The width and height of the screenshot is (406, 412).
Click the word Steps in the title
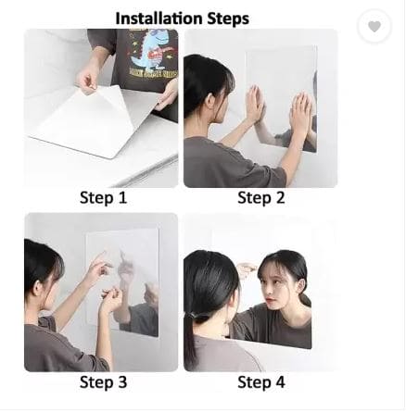[x=228, y=18]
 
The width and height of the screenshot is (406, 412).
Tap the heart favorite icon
[x=374, y=27]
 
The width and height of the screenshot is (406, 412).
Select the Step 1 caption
[x=102, y=197]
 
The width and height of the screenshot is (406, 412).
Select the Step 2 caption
[x=260, y=197]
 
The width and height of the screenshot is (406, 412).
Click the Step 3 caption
[x=102, y=382]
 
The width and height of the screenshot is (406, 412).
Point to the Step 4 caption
[x=260, y=382]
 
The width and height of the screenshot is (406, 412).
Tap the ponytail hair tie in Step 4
[x=197, y=293]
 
